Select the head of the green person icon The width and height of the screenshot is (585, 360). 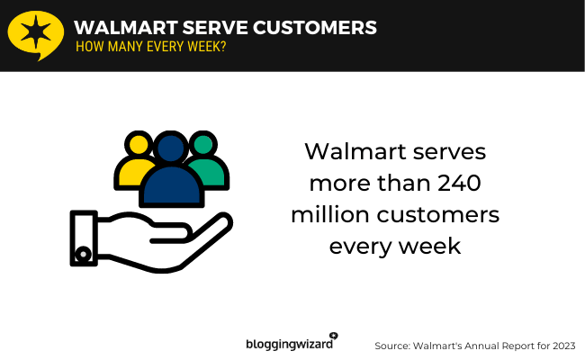(x=203, y=144)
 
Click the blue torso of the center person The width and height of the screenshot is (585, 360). (x=171, y=186)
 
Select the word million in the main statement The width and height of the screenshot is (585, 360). (x=331, y=215)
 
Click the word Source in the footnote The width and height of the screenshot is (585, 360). (x=393, y=345)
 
